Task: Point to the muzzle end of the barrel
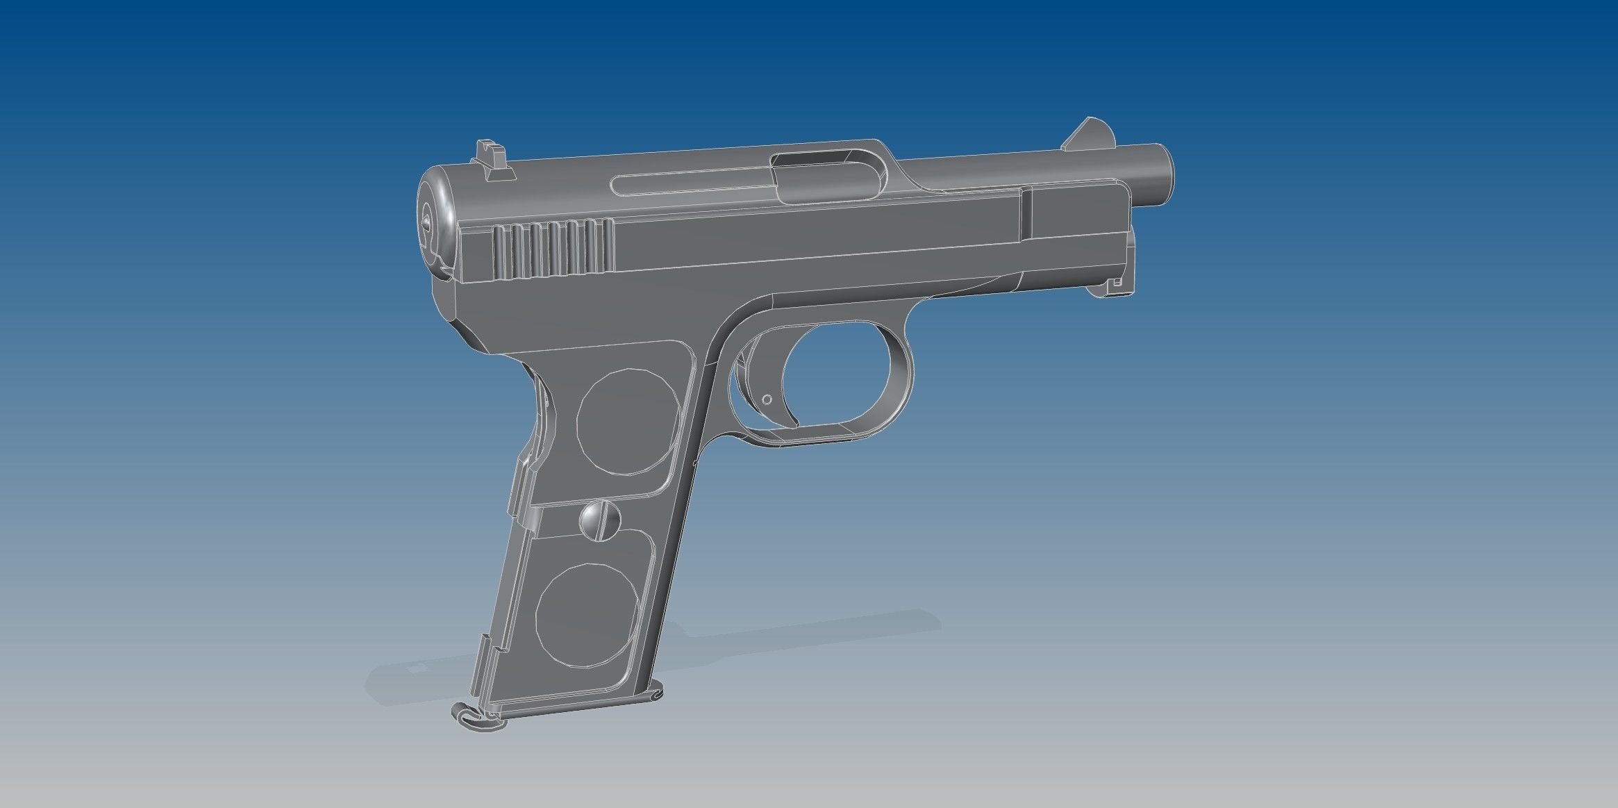pyautogui.click(x=1161, y=174)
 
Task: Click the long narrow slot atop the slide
pyautogui.click(x=687, y=185)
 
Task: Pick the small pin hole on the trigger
pyautogui.click(x=767, y=399)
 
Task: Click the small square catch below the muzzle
pyautogui.click(x=1117, y=283)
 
